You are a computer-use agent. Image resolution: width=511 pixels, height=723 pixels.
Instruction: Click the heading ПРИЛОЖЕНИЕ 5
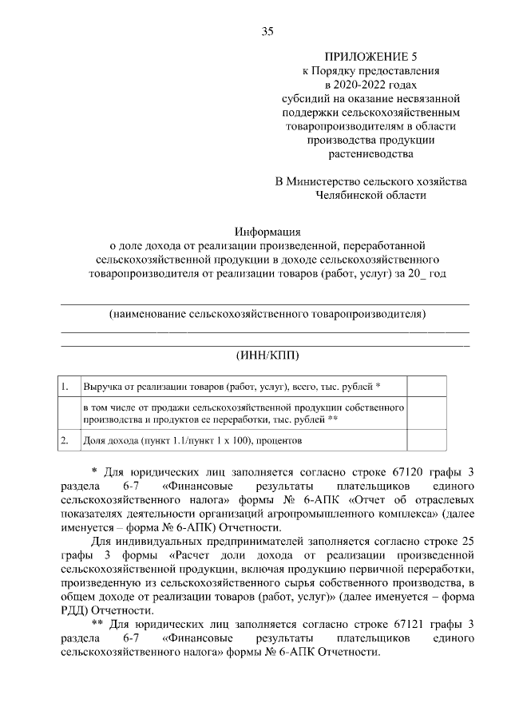(x=370, y=57)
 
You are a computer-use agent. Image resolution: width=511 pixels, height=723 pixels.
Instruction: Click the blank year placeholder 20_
(x=414, y=273)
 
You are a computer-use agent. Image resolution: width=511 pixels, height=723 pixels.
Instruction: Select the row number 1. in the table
(x=67, y=387)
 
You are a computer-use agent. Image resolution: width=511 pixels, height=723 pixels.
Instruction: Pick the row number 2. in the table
(x=67, y=439)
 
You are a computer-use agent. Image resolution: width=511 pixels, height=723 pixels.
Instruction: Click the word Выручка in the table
(x=105, y=387)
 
